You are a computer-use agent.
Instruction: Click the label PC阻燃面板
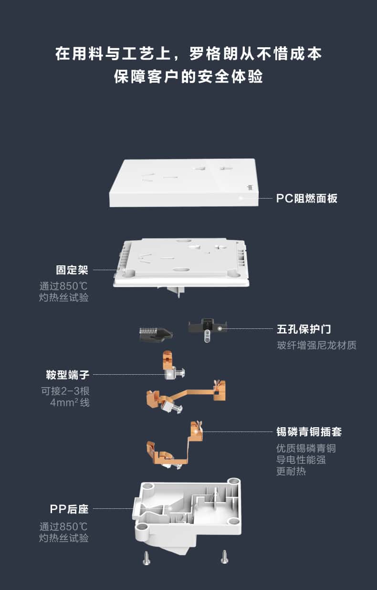pyautogui.click(x=307, y=198)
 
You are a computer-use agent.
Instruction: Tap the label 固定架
pyautogui.click(x=72, y=270)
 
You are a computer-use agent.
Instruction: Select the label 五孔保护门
pyautogui.click(x=304, y=329)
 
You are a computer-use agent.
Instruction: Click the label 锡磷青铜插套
pyautogui.click(x=309, y=432)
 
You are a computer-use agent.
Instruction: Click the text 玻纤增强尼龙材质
pyautogui.click(x=316, y=345)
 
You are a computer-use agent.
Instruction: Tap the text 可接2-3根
pyautogui.click(x=65, y=391)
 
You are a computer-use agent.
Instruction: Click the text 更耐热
pyautogui.click(x=291, y=471)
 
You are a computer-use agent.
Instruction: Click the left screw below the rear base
pyautogui.click(x=147, y=558)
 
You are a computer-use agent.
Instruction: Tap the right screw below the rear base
pyautogui.click(x=224, y=556)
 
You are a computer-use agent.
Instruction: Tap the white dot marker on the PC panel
pyautogui.click(x=241, y=197)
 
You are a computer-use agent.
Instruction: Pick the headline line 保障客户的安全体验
pyautogui.click(x=188, y=76)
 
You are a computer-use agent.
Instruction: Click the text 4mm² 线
pyautogui.click(x=70, y=402)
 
